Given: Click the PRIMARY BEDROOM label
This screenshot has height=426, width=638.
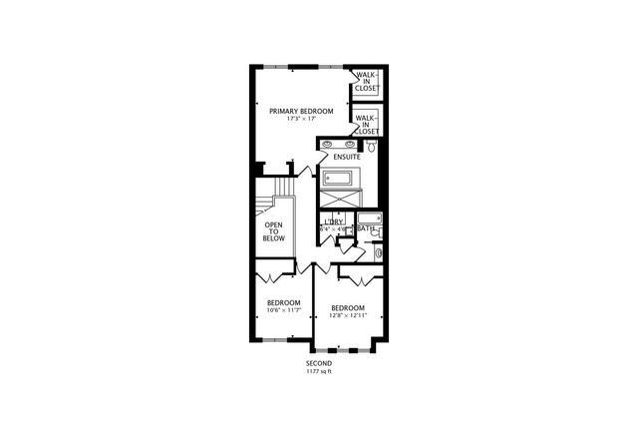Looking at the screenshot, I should [x=301, y=111].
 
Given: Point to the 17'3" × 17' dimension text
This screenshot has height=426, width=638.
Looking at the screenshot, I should [x=301, y=120].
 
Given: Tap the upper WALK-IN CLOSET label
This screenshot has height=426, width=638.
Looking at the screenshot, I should [x=366, y=82].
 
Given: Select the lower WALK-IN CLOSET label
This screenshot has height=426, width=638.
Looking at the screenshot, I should [x=366, y=124].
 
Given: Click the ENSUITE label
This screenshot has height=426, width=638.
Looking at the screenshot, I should [x=347, y=158].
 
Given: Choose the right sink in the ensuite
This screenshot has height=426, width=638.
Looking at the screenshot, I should [x=349, y=144].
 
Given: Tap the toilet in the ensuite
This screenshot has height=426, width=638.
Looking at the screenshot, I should [x=371, y=146].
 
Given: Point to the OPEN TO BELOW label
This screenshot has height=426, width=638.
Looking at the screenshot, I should [x=274, y=231].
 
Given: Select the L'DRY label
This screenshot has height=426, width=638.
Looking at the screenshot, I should [x=334, y=221].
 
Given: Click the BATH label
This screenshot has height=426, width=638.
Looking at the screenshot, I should [x=367, y=228].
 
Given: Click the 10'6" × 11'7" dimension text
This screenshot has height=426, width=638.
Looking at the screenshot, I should [x=283, y=311].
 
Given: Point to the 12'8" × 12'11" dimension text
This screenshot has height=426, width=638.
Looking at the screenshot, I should [x=347, y=316].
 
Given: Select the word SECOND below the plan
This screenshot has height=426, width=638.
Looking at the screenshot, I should [x=319, y=363].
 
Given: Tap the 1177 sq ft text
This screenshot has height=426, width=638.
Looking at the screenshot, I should [x=319, y=371].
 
